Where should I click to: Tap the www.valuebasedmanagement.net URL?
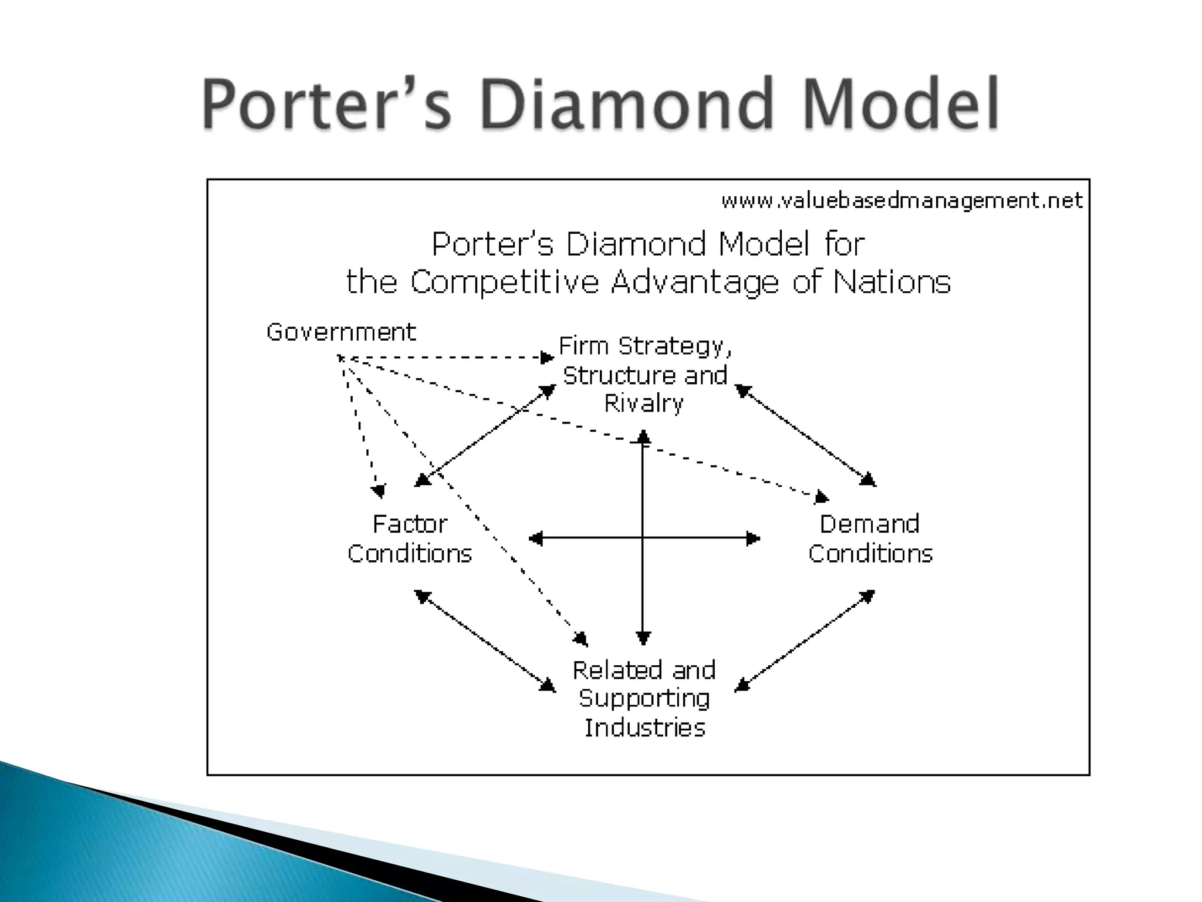(x=901, y=201)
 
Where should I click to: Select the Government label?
(x=341, y=332)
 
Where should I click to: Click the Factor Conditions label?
(x=410, y=538)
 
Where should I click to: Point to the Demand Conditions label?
(x=870, y=538)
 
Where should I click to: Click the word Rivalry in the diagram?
(x=644, y=404)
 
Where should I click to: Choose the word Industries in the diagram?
(x=644, y=728)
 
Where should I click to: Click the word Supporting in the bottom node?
(x=644, y=699)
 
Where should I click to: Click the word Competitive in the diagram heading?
(x=504, y=282)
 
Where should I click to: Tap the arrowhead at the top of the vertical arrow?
(x=644, y=437)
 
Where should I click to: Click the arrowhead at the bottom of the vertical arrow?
(x=644, y=638)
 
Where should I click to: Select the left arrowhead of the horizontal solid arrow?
(x=535, y=538)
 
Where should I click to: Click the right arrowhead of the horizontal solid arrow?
(x=754, y=538)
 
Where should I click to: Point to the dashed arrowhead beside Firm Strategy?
(x=548, y=358)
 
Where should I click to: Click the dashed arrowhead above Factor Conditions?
(x=379, y=491)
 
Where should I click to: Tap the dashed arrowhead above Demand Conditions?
(x=822, y=498)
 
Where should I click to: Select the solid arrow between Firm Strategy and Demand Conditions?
(x=805, y=435)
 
